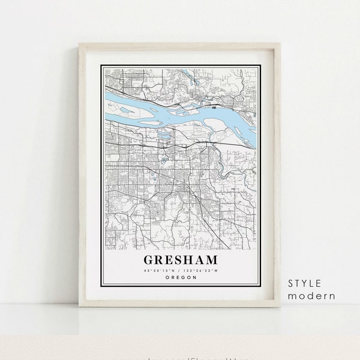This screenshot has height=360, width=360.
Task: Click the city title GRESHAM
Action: pos(180,260)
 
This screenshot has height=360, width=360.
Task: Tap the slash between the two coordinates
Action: pos(181,272)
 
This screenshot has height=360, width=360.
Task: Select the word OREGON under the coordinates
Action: pos(180,278)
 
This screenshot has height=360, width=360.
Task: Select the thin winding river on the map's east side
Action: pos(231,168)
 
